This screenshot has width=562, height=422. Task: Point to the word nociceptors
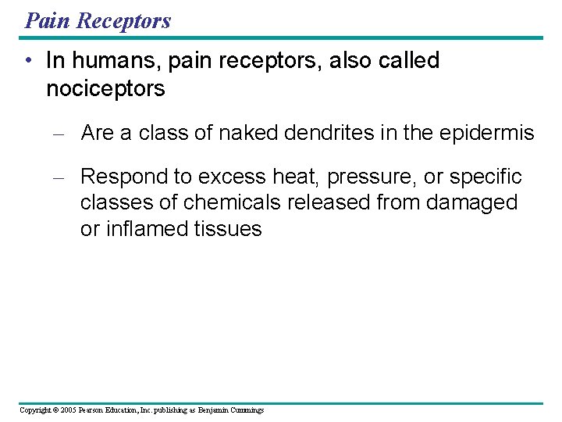[x=105, y=88]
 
